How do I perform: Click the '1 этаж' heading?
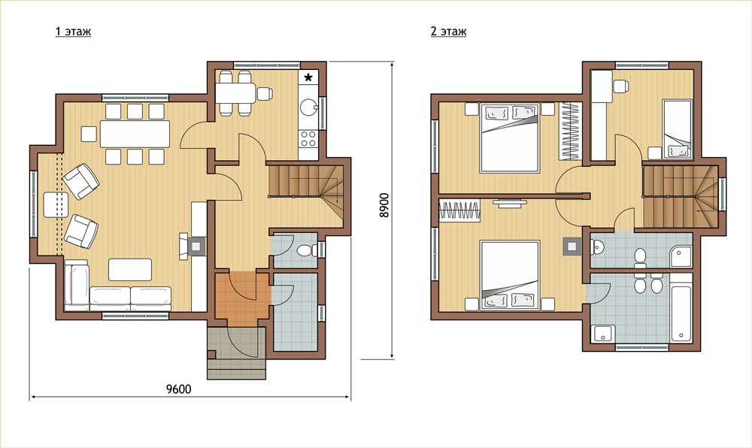point(73,32)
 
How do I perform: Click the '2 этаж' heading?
point(448,32)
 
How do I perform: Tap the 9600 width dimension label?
point(178,389)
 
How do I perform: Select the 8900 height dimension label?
point(384,205)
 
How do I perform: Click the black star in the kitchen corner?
point(308,77)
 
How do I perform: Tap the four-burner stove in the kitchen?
point(308,139)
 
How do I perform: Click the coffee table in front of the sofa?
point(130,270)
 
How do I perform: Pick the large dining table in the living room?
point(135,134)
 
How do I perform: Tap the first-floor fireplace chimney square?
point(196,247)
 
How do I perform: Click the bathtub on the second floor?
point(681,314)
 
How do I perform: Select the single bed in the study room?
point(678,129)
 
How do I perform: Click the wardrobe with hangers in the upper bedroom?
point(570,132)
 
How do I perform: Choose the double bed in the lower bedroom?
point(510,276)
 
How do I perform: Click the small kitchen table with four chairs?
point(235,93)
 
